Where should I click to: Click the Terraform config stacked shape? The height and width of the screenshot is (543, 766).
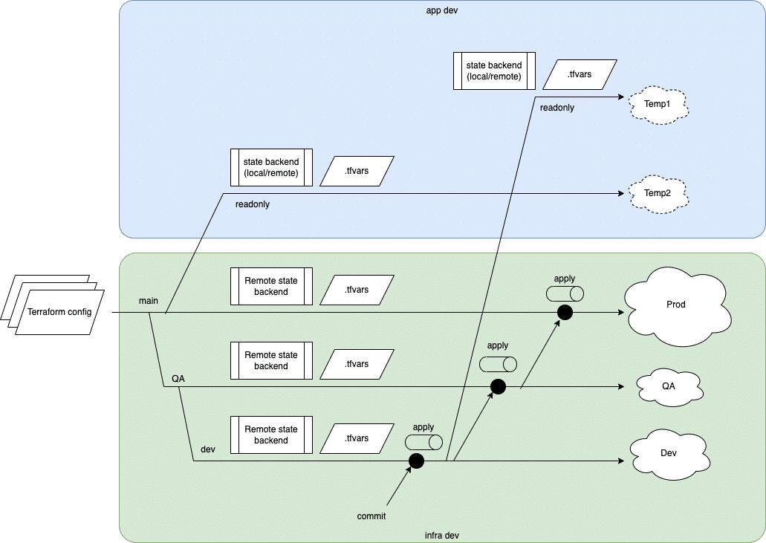(x=59, y=311)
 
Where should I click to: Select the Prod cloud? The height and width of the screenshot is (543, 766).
(x=676, y=305)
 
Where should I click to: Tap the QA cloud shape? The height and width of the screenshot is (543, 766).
(x=669, y=386)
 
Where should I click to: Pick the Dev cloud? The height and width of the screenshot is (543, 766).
(x=669, y=452)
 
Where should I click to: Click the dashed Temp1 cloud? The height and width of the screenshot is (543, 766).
(x=658, y=105)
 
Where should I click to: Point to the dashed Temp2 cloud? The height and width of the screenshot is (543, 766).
(x=658, y=193)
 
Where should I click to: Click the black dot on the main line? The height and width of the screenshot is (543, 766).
(x=565, y=313)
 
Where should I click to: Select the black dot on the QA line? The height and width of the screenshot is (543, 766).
(x=498, y=387)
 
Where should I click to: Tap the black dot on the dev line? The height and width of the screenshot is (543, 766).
(x=416, y=461)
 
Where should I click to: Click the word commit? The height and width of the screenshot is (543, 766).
(x=371, y=516)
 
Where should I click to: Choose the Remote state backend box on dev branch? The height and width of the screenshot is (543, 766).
(x=271, y=435)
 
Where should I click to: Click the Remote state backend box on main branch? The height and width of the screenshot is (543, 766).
(x=271, y=286)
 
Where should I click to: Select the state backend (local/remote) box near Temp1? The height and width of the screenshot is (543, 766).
(x=494, y=71)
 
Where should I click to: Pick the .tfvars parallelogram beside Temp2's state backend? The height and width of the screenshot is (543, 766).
(x=357, y=171)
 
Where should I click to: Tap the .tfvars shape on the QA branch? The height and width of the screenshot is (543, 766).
(x=357, y=364)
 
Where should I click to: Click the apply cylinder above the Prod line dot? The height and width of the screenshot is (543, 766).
(x=565, y=293)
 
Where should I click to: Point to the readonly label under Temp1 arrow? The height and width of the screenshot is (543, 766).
(x=557, y=108)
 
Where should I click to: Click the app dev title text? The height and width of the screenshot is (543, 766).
(x=441, y=12)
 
